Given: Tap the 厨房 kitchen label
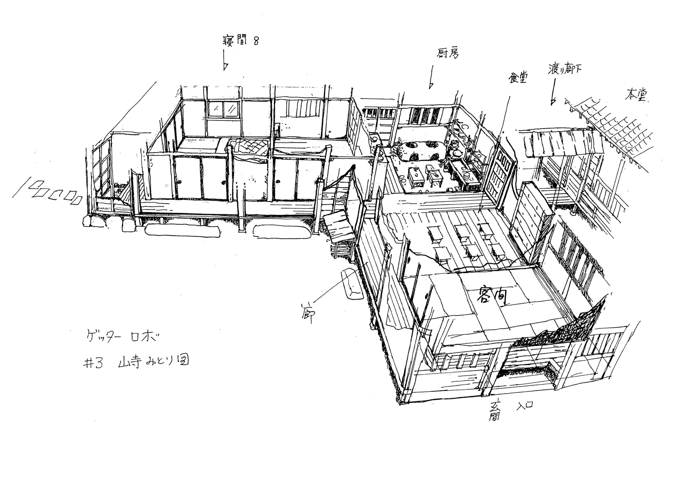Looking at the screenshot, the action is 447,54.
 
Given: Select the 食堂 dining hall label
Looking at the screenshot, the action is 518,77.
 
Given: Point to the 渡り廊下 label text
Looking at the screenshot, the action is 565,69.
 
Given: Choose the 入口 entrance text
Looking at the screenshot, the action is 525,405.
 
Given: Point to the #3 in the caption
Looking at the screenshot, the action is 93,364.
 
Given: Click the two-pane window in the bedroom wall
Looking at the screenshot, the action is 223,109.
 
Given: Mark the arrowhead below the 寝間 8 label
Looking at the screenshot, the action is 226,67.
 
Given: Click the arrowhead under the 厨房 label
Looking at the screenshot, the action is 431,85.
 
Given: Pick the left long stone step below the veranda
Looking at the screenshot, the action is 183,230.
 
